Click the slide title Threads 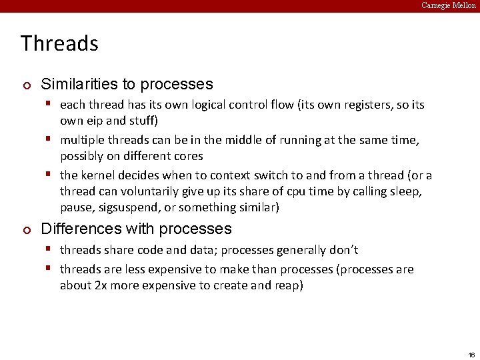pyautogui.click(x=59, y=43)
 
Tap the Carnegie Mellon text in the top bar pyautogui.click(x=449, y=5)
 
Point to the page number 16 pyautogui.click(x=471, y=354)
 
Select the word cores pyautogui.click(x=189, y=157)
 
